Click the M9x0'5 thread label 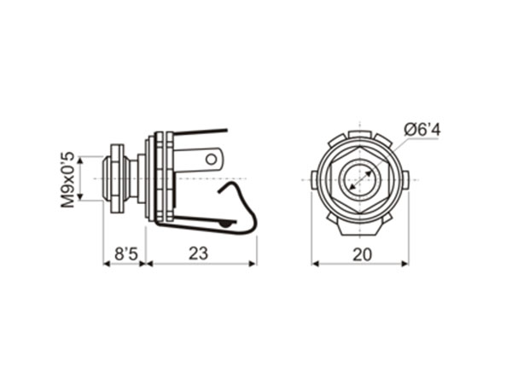point(67,180)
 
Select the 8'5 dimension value point(125,254)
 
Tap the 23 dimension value point(198,254)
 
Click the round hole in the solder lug point(212,158)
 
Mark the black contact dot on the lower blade point(225,223)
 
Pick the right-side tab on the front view point(405,180)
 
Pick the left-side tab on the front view point(314,180)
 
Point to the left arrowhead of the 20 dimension point(315,263)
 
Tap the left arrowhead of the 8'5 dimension point(107,263)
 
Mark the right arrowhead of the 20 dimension point(404,263)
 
